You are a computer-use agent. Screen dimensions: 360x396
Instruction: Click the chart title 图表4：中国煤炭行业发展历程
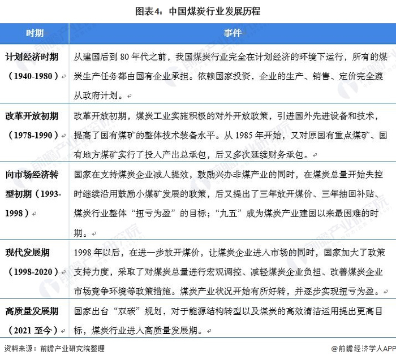click(x=197, y=11)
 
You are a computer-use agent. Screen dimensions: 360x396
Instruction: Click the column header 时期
click(x=35, y=33)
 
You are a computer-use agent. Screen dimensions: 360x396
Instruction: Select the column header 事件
click(x=232, y=33)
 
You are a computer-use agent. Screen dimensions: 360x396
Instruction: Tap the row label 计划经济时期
click(x=32, y=57)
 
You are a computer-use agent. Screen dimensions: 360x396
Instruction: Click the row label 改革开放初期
click(x=32, y=117)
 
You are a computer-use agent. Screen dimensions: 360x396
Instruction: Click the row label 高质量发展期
click(x=32, y=311)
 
